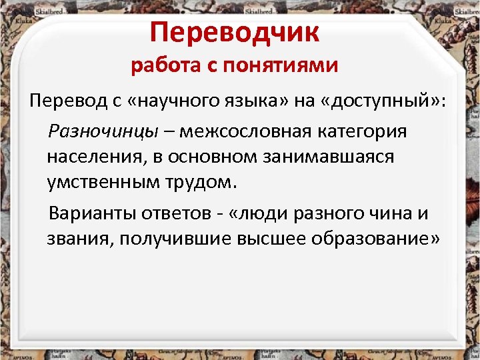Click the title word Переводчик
click(235, 32)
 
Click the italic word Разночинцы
click(103, 131)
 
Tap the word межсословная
click(253, 131)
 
